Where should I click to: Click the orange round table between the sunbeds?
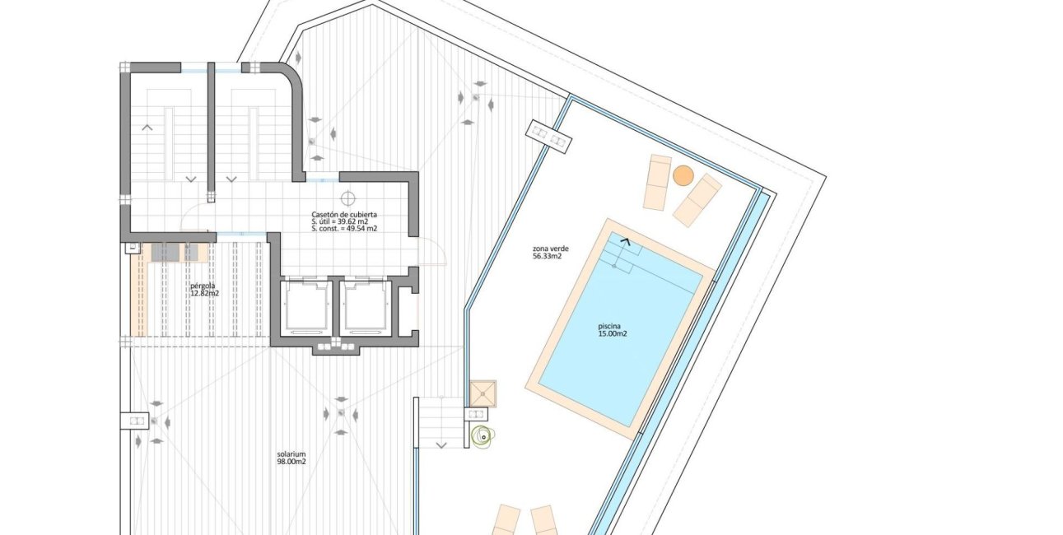pyautogui.click(x=683, y=176)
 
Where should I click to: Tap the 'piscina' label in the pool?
pyautogui.click(x=608, y=326)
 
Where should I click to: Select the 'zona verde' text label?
pyautogui.click(x=551, y=249)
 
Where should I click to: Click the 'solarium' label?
pyautogui.click(x=291, y=454)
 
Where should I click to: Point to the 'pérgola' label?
pyautogui.click(x=203, y=286)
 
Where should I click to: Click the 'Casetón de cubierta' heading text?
pyautogui.click(x=344, y=214)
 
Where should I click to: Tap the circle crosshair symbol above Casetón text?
pyautogui.click(x=347, y=197)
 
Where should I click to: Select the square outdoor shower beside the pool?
pyautogui.click(x=483, y=393)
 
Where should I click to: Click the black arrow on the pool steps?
pyautogui.click(x=627, y=241)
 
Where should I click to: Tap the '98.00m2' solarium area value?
pyautogui.click(x=291, y=462)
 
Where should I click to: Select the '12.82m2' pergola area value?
pyautogui.click(x=204, y=294)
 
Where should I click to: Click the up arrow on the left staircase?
pyautogui.click(x=147, y=127)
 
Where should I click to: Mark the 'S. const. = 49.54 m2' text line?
pyautogui.click(x=344, y=229)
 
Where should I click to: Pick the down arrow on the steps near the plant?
pyautogui.click(x=441, y=445)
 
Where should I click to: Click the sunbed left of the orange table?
pyautogui.click(x=657, y=182)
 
